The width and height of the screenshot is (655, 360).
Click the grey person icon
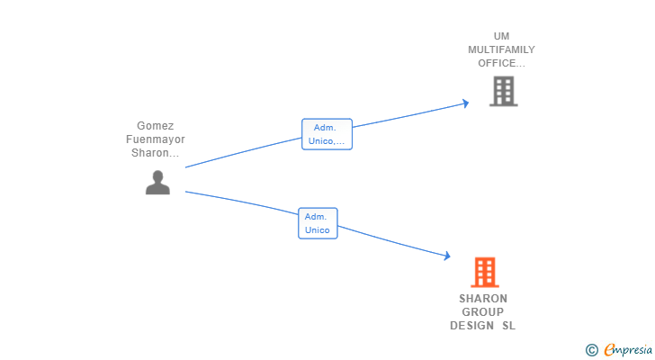(157, 183)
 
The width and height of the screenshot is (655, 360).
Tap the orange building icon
(484, 272)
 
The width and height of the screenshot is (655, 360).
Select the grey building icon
(503, 91)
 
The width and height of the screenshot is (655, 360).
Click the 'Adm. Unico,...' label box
(327, 134)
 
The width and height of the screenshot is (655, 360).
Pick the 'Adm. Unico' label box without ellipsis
(318, 223)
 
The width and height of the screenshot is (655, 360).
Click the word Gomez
(155, 126)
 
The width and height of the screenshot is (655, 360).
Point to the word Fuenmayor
(155, 139)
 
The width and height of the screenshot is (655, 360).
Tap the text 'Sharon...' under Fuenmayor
(155, 153)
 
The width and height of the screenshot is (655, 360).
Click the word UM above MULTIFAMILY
(501, 36)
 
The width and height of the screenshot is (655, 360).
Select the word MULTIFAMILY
(501, 49)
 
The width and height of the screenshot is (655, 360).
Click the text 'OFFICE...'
(501, 63)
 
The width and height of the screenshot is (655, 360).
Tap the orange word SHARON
(483, 299)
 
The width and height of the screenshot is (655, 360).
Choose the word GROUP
(483, 312)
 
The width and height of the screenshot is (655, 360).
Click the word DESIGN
(472, 326)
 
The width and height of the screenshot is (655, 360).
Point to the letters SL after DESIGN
(509, 326)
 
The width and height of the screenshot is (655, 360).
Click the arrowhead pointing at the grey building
(465, 103)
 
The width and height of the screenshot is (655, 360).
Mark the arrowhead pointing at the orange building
(445, 256)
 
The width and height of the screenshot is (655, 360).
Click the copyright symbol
(591, 350)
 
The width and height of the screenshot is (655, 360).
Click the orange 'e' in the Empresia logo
(609, 350)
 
